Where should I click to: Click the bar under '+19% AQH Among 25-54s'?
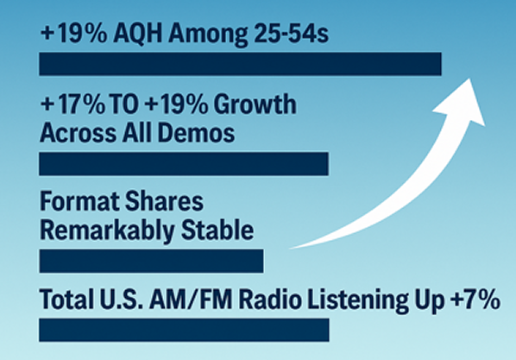[240, 64]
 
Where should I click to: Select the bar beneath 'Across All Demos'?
[184, 164]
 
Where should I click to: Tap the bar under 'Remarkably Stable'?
[151, 261]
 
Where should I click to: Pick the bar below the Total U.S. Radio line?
[184, 330]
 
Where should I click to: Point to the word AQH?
[137, 34]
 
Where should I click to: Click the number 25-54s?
[291, 34]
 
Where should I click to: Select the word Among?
[208, 35]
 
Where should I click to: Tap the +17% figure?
[72, 104]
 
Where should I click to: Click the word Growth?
[255, 104]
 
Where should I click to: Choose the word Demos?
[196, 133]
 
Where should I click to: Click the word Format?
[79, 201]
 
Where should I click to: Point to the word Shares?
[165, 201]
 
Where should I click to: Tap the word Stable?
[217, 230]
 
